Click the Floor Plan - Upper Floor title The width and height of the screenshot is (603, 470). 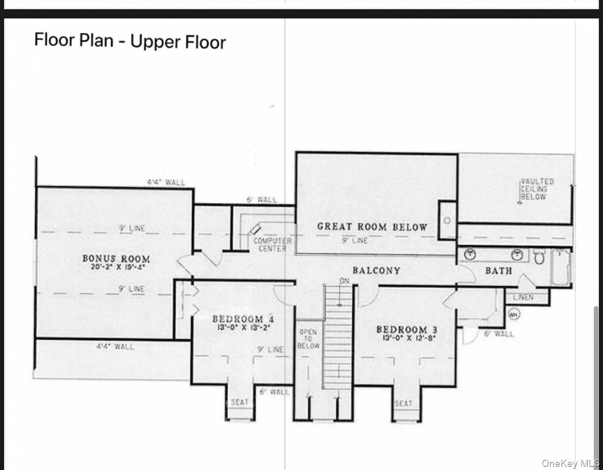[x=130, y=40]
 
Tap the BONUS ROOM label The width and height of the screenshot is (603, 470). [x=116, y=259]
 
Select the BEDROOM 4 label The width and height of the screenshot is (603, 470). [x=243, y=319]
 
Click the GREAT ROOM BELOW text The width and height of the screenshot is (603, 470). [x=372, y=227]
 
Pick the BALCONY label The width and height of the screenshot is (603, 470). [x=376, y=270]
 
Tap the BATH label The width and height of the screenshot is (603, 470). [x=498, y=270]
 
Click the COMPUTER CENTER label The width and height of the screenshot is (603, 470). [x=272, y=244]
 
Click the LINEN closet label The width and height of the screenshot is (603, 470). [x=523, y=297]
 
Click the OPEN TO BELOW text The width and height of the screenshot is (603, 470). [x=308, y=339]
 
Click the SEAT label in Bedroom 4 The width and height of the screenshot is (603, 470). [x=239, y=402]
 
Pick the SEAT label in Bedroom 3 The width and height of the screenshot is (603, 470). [x=404, y=403]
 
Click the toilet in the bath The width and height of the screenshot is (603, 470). [x=539, y=256]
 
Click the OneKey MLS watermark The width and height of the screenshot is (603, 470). [x=570, y=463]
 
